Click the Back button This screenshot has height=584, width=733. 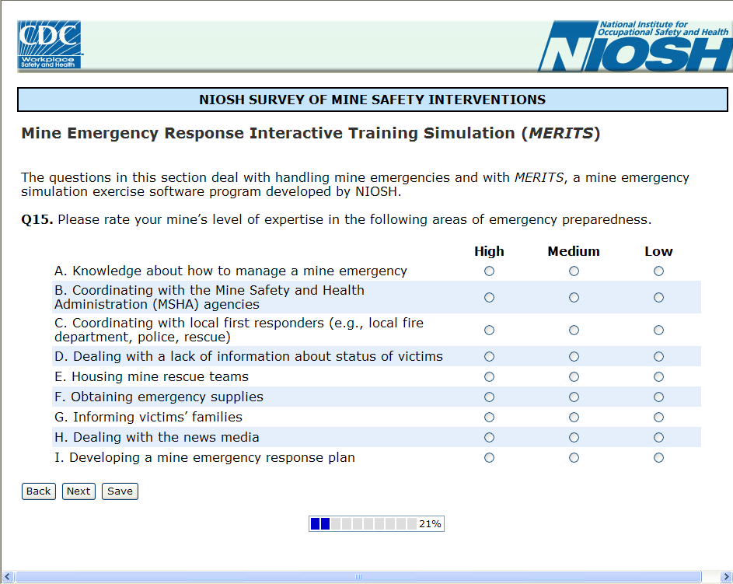pyautogui.click(x=38, y=491)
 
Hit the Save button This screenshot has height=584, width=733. pyautogui.click(x=120, y=491)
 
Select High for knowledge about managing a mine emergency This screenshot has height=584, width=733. pyautogui.click(x=489, y=271)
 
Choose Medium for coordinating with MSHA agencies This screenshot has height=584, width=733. pyautogui.click(x=574, y=298)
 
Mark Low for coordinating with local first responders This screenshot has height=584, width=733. pyautogui.click(x=658, y=330)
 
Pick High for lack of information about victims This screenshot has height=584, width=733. pyautogui.click(x=489, y=357)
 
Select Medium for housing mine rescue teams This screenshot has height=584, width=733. pyautogui.click(x=574, y=377)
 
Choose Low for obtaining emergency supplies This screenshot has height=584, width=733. pyautogui.click(x=658, y=397)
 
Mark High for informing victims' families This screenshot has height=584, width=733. pyautogui.click(x=489, y=418)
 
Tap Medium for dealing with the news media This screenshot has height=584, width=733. pyautogui.click(x=574, y=438)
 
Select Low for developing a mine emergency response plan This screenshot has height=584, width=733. pyautogui.click(x=658, y=458)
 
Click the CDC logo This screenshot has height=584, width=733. pyautogui.click(x=49, y=45)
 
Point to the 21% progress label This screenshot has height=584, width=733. pyautogui.click(x=430, y=524)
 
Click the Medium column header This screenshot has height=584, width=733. pyautogui.click(x=574, y=251)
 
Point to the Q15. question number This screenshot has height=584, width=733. pyautogui.click(x=37, y=219)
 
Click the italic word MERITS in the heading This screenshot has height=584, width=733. pyautogui.click(x=561, y=134)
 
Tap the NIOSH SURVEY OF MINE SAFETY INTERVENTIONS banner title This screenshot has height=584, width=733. pyautogui.click(x=372, y=100)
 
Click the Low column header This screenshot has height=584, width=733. pyautogui.click(x=658, y=251)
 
